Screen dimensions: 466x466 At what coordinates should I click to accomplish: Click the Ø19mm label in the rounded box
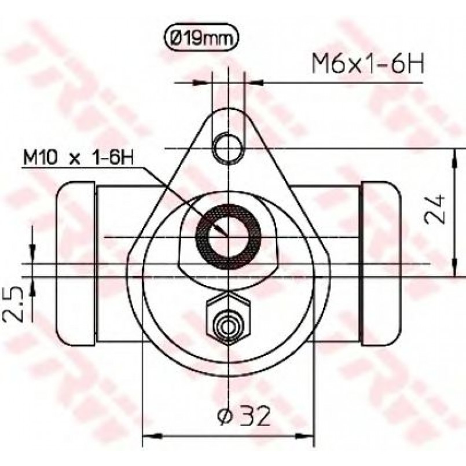coord(201,38)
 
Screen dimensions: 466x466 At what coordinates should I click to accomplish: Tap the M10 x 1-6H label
coord(79,157)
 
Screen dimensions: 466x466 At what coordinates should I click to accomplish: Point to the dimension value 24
coord(435,209)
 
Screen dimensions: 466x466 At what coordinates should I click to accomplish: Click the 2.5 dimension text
coord(13,304)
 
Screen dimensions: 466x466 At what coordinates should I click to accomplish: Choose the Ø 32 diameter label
coord(244,415)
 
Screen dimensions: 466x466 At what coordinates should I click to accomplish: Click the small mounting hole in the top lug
coord(228,148)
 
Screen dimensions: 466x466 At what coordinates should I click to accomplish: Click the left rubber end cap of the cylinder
coord(76,264)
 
